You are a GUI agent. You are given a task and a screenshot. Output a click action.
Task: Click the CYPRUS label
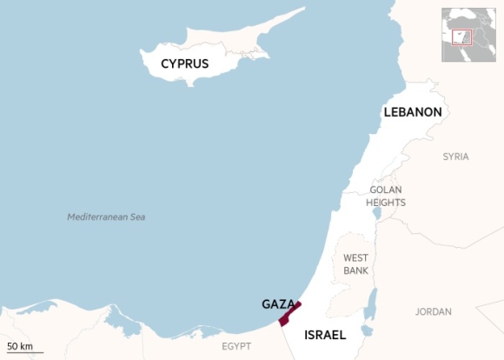(x=184, y=64)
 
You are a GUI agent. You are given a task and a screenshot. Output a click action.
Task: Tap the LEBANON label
(x=413, y=112)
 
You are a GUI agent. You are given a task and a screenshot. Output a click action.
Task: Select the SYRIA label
(x=455, y=157)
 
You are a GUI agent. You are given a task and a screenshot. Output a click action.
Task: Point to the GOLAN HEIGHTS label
(x=386, y=196)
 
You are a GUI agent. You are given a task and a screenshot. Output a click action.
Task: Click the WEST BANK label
(x=355, y=264)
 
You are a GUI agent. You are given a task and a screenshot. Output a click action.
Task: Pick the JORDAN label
(x=433, y=311)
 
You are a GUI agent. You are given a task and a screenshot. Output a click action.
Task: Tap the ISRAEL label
(x=325, y=335)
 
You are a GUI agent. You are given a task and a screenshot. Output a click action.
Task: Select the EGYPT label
(x=235, y=346)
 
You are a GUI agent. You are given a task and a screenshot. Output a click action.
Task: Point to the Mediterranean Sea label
(x=106, y=217)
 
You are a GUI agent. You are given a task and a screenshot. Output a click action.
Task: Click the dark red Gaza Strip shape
(x=288, y=313)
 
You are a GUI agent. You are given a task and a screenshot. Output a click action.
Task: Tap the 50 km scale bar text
(x=20, y=347)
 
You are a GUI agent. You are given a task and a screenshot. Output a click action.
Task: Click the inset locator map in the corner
(x=468, y=35)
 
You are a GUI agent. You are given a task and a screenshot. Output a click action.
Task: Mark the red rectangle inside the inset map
(x=461, y=37)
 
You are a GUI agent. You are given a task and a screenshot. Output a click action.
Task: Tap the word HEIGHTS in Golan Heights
(x=386, y=203)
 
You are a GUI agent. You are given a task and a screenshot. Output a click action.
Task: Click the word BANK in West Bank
(x=355, y=270)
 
